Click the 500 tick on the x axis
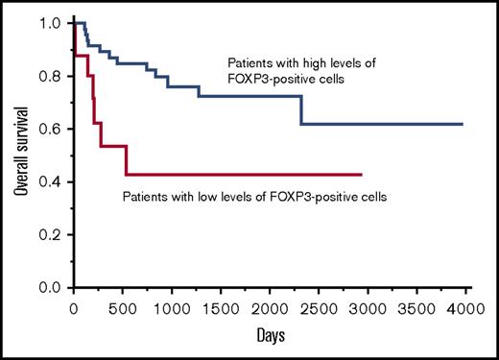pyautogui.click(x=124, y=309)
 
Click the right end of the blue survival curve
pyautogui.click(x=463, y=124)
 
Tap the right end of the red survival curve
pyautogui.click(x=362, y=174)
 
